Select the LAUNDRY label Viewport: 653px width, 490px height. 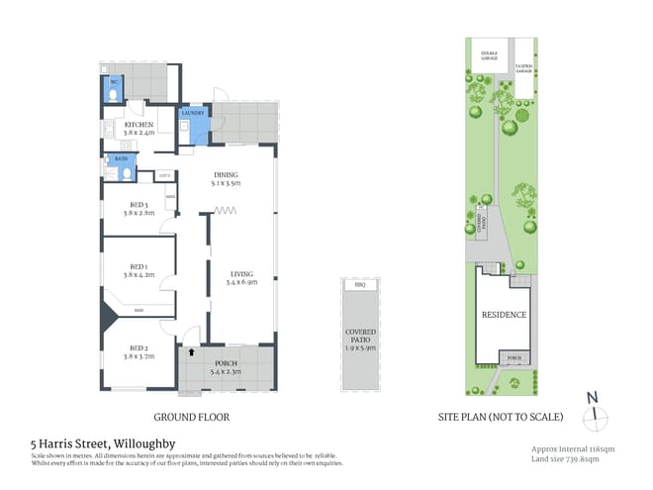point(193,114)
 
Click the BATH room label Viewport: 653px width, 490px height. point(121,159)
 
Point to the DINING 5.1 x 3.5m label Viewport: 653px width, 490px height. point(226,179)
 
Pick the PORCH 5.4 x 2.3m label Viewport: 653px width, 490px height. point(227,369)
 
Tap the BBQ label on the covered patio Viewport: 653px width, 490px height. point(359,284)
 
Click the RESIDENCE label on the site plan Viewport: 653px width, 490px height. point(504,315)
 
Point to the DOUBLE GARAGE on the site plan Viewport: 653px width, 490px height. point(489,56)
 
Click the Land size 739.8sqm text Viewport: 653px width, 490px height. point(565,458)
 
